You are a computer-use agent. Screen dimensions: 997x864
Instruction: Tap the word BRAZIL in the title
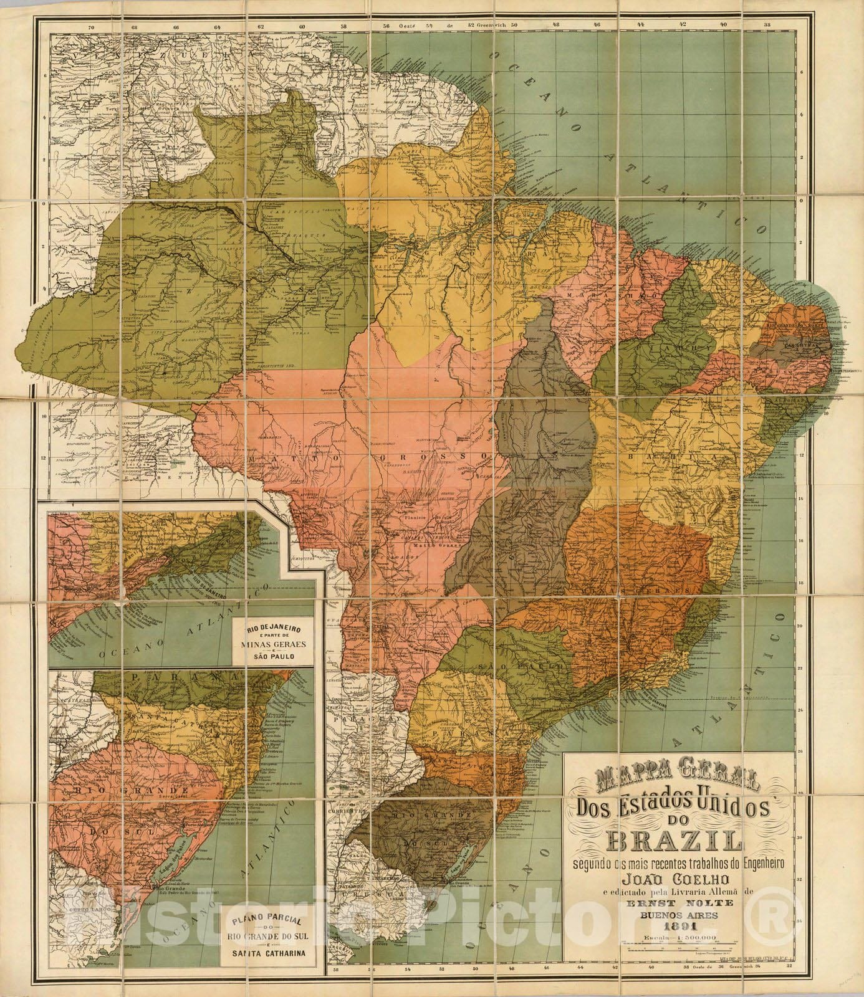[x=654, y=841]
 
